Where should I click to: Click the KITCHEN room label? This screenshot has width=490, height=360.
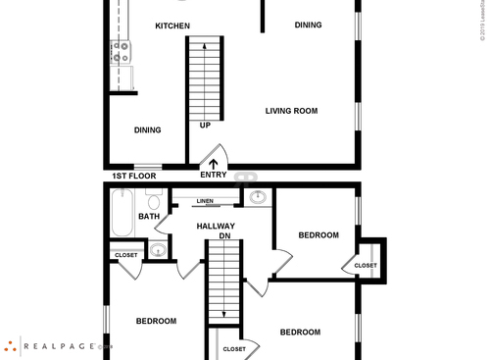coord(172,26)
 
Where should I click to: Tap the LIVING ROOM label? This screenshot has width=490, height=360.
coord(291,111)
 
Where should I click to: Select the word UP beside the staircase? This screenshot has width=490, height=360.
coord(205,126)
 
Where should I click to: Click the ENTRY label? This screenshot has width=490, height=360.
coord(214,175)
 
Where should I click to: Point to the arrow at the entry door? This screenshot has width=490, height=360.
coord(214,162)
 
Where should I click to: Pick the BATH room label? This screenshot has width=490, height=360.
coord(149,216)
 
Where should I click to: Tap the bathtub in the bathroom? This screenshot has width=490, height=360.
coord(122,214)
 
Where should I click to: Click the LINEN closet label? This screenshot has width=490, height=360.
coord(205,201)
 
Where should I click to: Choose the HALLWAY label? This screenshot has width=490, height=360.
coord(216,226)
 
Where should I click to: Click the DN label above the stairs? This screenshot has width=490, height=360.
coord(224,236)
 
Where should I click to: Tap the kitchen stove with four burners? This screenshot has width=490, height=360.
coord(121,52)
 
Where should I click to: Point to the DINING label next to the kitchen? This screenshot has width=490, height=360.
coord(309,26)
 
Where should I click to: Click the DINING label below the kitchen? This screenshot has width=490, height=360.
coord(147,129)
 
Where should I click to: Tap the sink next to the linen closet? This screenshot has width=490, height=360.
coord(258,197)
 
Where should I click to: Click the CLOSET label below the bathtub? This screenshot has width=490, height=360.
coord(126,255)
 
